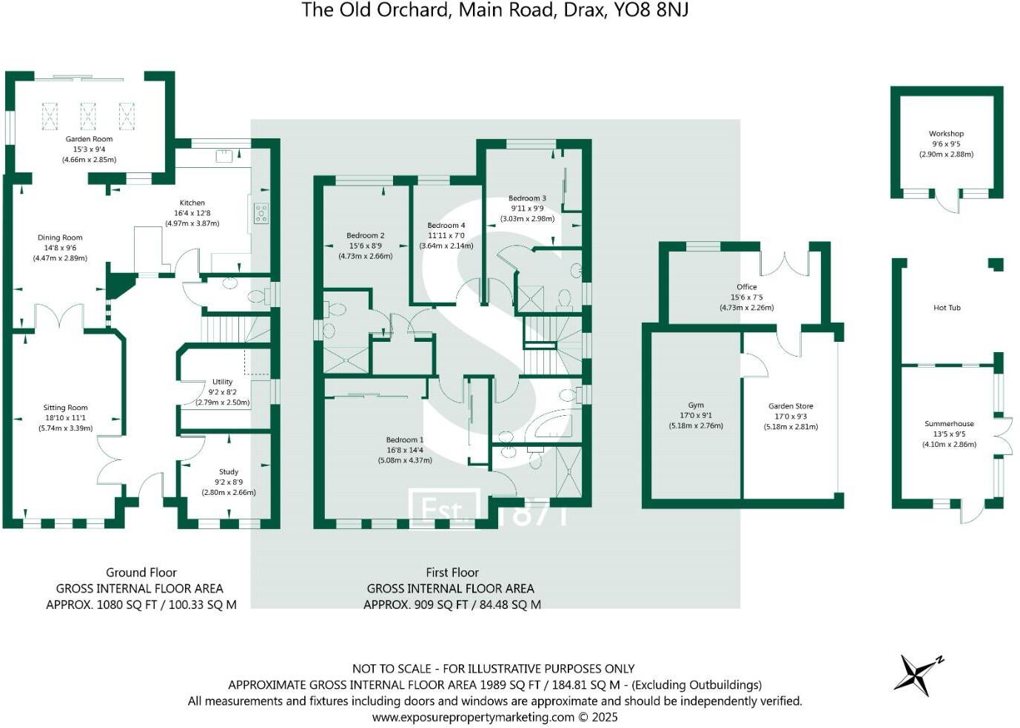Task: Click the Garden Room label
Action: (89, 139)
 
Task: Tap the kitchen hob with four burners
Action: (261, 213)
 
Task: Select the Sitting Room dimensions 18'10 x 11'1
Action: (65, 418)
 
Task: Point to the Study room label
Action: (229, 472)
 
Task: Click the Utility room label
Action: (222, 382)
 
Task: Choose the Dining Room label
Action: (60, 238)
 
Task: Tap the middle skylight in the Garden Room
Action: (88, 116)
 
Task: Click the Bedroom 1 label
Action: (405, 440)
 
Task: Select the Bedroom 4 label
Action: (446, 226)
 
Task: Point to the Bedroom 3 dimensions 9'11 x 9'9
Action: (527, 209)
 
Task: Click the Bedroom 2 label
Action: (366, 236)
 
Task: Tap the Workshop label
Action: (946, 134)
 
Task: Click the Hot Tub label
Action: (947, 308)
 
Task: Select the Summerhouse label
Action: (949, 424)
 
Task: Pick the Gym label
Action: (696, 405)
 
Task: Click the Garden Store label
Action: (791, 406)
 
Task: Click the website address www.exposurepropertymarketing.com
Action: (473, 717)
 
